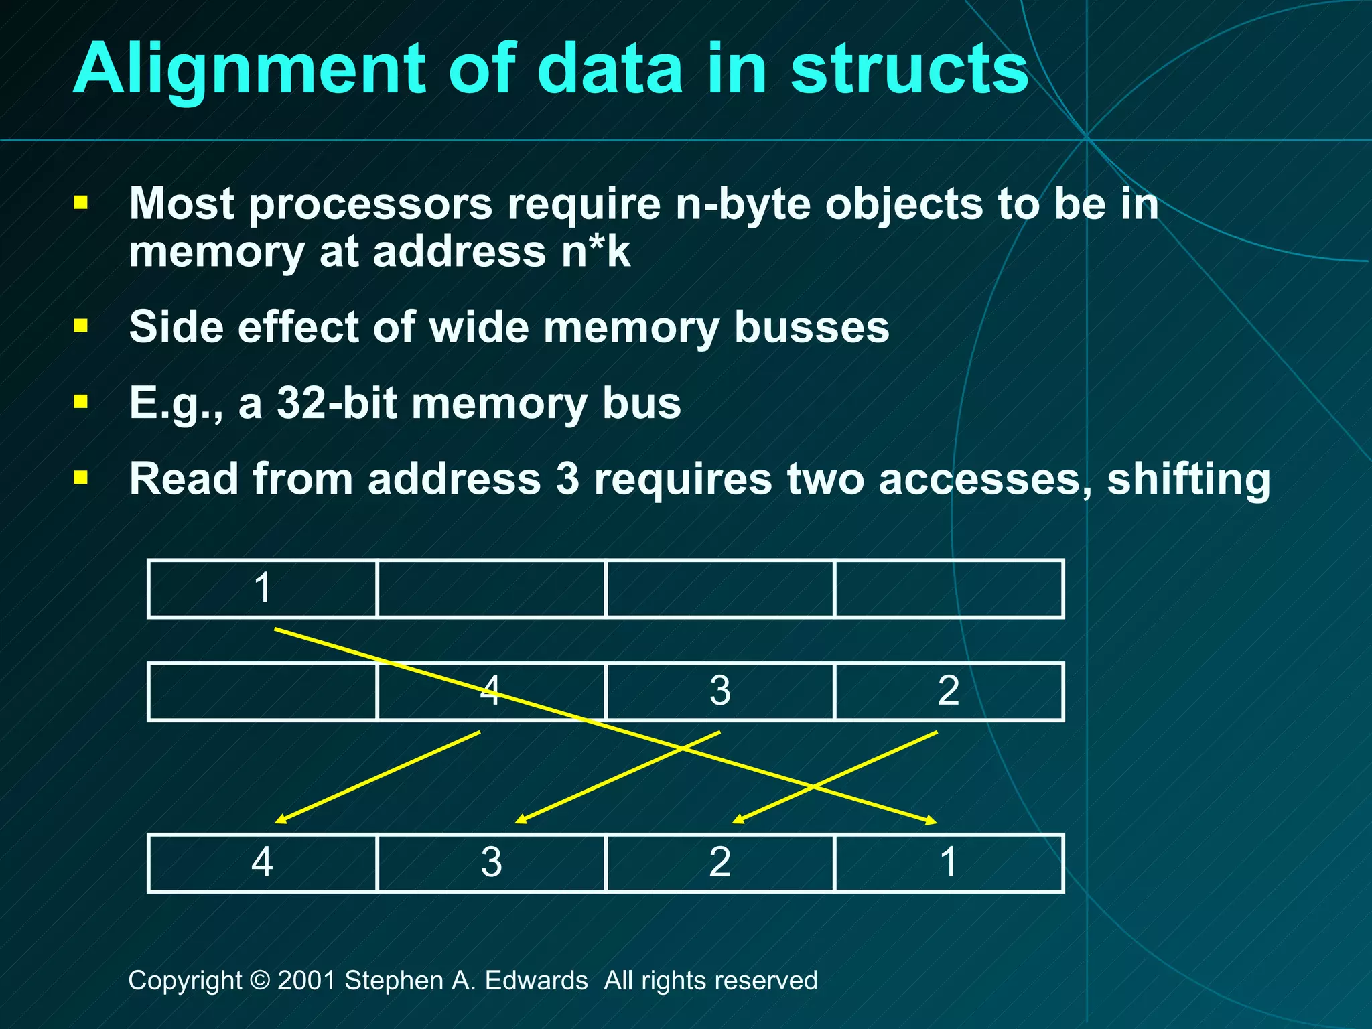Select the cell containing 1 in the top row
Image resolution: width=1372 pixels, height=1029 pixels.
pyautogui.click(x=263, y=588)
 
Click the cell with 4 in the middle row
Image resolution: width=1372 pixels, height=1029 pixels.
pyautogui.click(x=491, y=691)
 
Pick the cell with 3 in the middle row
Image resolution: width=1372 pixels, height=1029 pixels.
pyautogui.click(x=720, y=691)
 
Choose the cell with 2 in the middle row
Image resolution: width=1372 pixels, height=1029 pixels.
pyautogui.click(x=949, y=691)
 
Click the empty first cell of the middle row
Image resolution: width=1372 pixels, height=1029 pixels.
pyautogui.click(x=263, y=691)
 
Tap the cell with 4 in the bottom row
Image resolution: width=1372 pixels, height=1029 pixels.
pyautogui.click(x=263, y=863)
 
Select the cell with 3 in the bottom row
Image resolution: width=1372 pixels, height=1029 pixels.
pyautogui.click(x=491, y=863)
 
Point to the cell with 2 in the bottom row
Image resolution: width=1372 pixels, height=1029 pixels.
pyautogui.click(x=720, y=863)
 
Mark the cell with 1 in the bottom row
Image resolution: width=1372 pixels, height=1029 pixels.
pyautogui.click(x=949, y=863)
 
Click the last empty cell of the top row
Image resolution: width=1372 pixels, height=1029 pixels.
pyautogui.click(x=949, y=588)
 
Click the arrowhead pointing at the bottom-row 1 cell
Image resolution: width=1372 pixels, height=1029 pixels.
pyautogui.click(x=931, y=821)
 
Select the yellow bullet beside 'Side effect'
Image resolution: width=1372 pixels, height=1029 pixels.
pyautogui.click(x=81, y=326)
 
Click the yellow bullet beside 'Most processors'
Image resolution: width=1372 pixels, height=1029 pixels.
pyautogui.click(x=81, y=202)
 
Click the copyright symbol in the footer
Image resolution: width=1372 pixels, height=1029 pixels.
pyautogui.click(x=259, y=981)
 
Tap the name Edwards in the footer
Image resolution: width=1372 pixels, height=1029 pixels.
pyautogui.click(x=536, y=981)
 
